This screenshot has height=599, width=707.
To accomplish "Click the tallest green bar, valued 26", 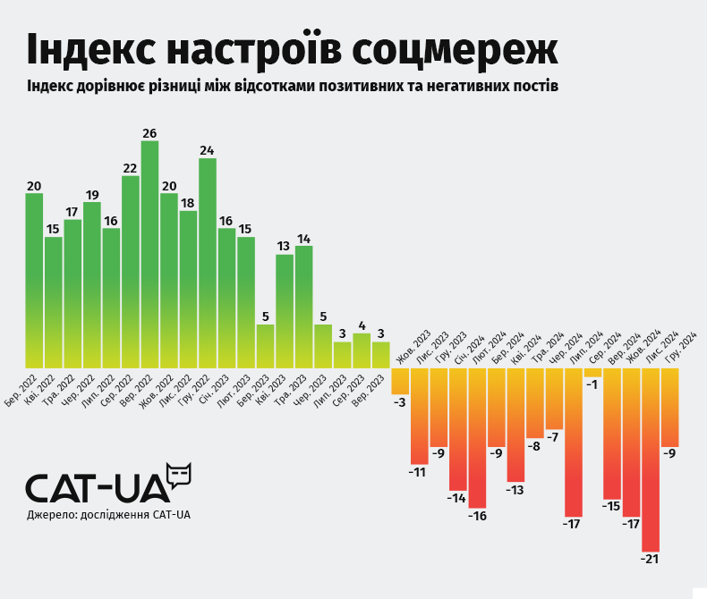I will click(x=149, y=255).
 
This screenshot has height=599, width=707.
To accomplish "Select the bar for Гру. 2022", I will click(x=208, y=264).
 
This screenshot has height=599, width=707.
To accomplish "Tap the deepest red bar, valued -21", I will click(x=651, y=460).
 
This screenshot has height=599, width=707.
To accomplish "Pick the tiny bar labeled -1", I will click(x=592, y=372).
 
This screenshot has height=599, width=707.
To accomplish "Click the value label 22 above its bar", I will click(x=130, y=168).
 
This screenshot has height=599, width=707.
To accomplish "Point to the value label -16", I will click(x=477, y=516).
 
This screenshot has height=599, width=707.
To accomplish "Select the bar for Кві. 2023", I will click(x=285, y=311).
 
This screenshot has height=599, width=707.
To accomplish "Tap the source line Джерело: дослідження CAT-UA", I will click(x=108, y=515).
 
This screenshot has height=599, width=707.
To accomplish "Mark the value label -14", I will click(x=457, y=498).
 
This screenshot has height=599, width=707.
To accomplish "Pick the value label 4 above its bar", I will click(x=362, y=325).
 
